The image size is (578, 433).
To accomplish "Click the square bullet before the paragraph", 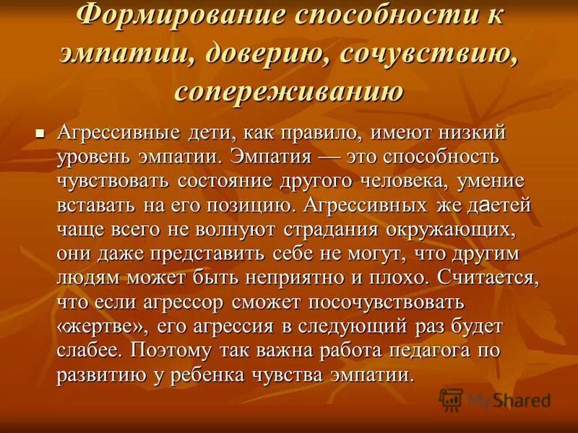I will pyautogui.click(x=40, y=134).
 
